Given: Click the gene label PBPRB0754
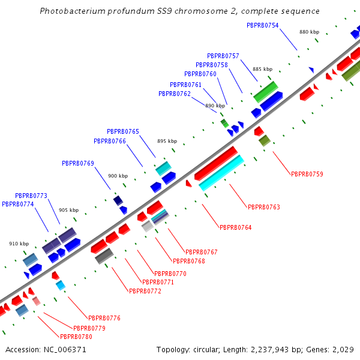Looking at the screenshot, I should pyautogui.click(x=263, y=25).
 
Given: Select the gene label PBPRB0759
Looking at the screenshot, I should pyautogui.click(x=307, y=174).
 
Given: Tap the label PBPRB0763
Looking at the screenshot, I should pyautogui.click(x=264, y=207).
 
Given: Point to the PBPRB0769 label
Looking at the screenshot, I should pyautogui.click(x=78, y=163).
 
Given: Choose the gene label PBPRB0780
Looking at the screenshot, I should pyautogui.click(x=76, y=337).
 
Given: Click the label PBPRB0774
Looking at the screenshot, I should pyautogui.click(x=18, y=204).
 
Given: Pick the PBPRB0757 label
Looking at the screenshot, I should pyautogui.click(x=223, y=56).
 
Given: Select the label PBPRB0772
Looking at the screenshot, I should pyautogui.click(x=145, y=291).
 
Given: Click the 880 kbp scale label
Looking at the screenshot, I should pyautogui.click(x=309, y=32).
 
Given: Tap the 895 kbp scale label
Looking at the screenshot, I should pyautogui.click(x=167, y=141).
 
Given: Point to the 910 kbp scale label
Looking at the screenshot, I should pyautogui.click(x=19, y=244).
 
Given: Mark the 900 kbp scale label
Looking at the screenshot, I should pyautogui.click(x=118, y=176).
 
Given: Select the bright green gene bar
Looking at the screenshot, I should pyautogui.click(x=265, y=92).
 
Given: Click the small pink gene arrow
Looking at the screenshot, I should pyautogui.click(x=37, y=301).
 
